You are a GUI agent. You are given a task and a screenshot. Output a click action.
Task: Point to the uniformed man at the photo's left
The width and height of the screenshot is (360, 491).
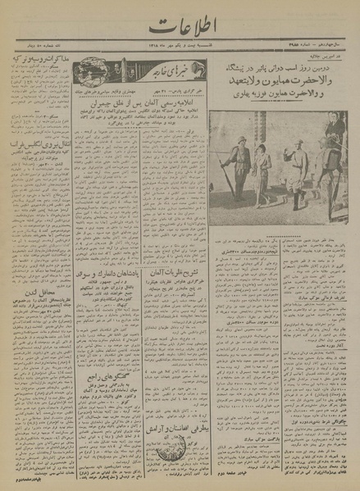tap(238, 164)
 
